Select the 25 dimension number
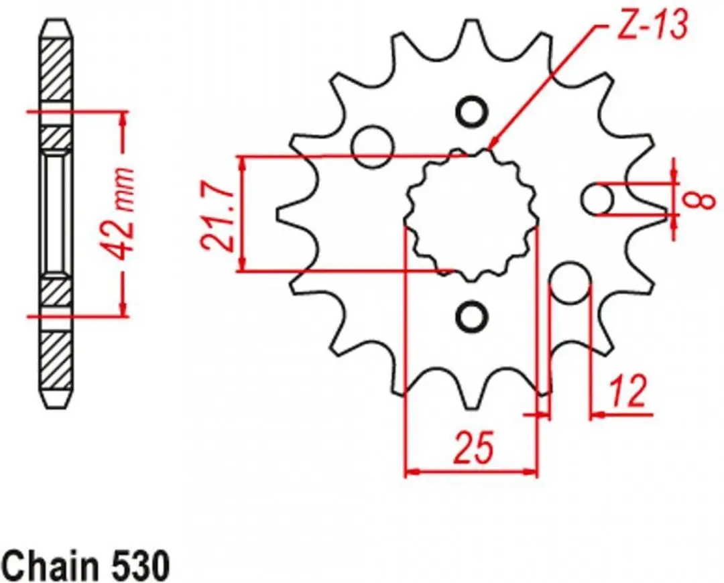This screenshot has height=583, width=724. pyautogui.click(x=473, y=447)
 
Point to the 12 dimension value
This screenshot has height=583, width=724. pyautogui.click(x=628, y=391)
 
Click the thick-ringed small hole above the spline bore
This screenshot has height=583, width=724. pyautogui.click(x=471, y=111)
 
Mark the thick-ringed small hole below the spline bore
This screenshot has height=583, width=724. pyautogui.click(x=471, y=316)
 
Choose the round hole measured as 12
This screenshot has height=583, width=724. pyautogui.click(x=571, y=283)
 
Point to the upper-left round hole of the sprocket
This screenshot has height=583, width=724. pyautogui.click(x=372, y=146)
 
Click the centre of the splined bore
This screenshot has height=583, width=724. pyautogui.click(x=471, y=214)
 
